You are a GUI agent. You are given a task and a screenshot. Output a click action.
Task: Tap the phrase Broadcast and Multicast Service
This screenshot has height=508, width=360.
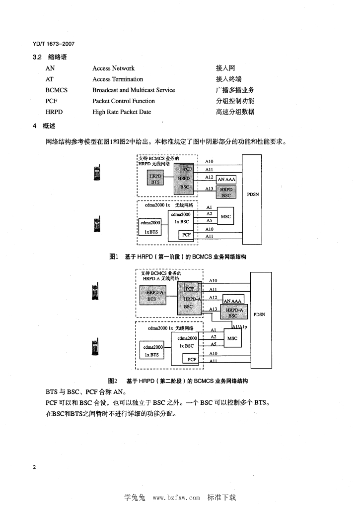pos(134,90)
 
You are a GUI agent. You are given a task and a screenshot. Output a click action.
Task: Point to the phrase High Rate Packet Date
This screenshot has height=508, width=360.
pos(122,112)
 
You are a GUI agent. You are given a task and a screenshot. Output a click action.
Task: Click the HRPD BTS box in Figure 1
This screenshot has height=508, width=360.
pos(155,179)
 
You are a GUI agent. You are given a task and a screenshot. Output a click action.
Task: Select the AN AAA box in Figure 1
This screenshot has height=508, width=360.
pos(226,179)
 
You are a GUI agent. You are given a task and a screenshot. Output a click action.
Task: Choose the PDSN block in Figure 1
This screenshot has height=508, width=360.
pos(252,194)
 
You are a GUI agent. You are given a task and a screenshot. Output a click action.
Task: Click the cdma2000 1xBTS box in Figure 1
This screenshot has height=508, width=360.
pos(150,227)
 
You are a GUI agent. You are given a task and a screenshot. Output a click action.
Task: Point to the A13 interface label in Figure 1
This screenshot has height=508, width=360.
pos(209,189)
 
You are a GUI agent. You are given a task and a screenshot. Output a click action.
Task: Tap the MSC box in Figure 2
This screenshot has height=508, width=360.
pos(232,338)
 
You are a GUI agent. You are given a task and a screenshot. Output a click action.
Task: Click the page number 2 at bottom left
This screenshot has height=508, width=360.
pos(34,468)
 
